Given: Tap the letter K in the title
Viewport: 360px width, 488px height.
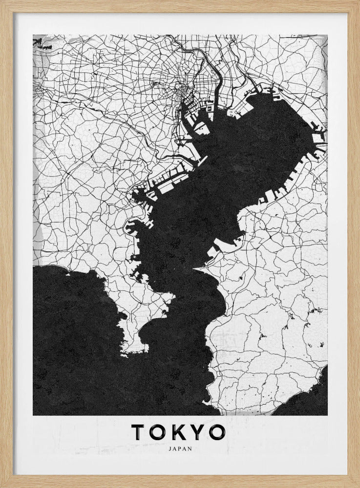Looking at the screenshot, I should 178,432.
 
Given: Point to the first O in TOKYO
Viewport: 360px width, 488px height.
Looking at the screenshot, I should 157,432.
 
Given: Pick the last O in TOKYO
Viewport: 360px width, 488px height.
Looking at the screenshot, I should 216,432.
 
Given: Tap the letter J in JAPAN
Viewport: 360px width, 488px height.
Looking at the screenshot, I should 169,449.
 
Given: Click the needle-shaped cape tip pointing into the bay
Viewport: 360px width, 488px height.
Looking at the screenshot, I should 195,268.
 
